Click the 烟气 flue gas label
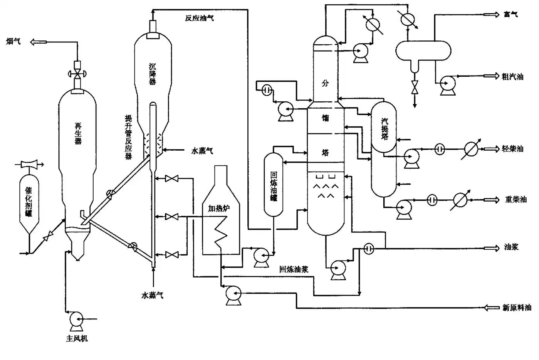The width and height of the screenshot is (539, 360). [x=13, y=41]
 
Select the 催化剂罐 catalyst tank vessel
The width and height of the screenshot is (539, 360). [x=29, y=202]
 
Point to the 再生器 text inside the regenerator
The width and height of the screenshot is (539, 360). [x=78, y=133]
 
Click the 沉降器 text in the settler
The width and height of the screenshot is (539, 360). [x=153, y=74]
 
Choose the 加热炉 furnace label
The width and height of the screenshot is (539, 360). [x=219, y=209]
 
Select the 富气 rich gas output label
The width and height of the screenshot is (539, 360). [x=511, y=15]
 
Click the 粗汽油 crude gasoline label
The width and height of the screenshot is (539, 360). [x=512, y=77]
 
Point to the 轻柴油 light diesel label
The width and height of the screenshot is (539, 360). [x=512, y=149]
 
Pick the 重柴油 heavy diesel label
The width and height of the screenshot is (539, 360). [x=515, y=200]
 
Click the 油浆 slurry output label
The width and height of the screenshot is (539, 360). [x=511, y=247]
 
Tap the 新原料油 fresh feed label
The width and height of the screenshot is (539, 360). [x=517, y=308]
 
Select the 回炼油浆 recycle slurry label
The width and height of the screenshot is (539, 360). [x=294, y=269]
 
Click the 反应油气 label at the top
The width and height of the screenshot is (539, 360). [x=199, y=18]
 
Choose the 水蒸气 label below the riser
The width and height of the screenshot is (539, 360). [x=153, y=296]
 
